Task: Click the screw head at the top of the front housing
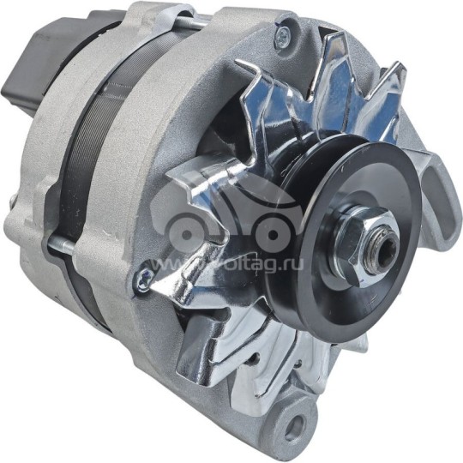click(282, 36)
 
